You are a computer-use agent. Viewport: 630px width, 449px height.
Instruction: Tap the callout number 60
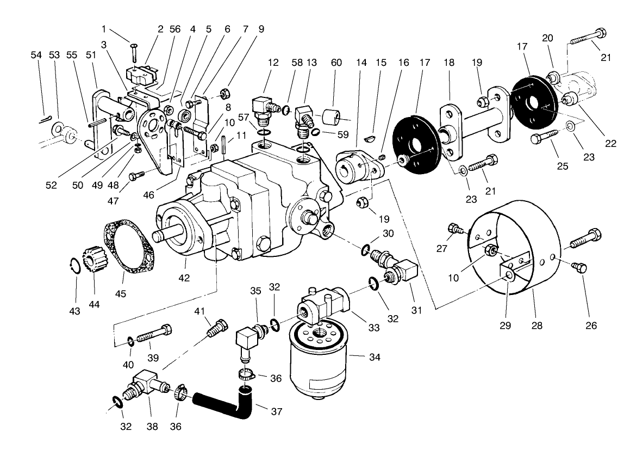coord(336,63)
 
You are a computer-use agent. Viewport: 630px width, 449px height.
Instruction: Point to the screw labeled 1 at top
coord(134,52)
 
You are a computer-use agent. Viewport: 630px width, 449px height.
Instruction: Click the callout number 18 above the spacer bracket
coord(448,63)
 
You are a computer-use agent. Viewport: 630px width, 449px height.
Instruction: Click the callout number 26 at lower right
coord(591,325)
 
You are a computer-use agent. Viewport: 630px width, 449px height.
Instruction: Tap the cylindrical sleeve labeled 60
coord(332,118)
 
